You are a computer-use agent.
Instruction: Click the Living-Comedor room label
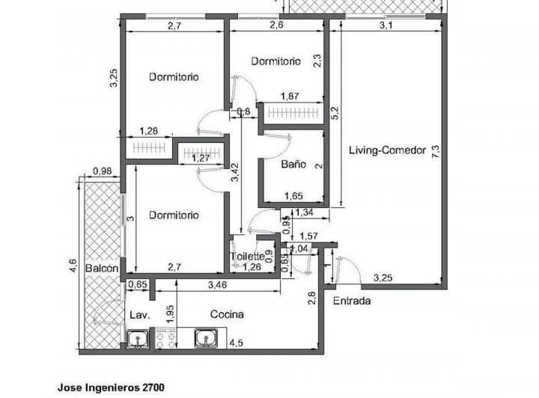pos(387,150)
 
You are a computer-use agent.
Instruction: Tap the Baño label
pos(292,164)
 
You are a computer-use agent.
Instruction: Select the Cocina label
pos(226,314)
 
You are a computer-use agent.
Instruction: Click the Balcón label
pos(101,269)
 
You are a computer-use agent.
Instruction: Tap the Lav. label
pos(138,315)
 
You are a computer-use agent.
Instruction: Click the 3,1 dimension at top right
pos(386,25)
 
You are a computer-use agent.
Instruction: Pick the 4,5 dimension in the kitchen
pos(235,343)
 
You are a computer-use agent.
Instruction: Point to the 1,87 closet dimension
pos(291,97)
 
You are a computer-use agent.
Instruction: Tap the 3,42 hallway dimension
pos(235,174)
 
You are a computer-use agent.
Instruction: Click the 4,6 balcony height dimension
pos(73,266)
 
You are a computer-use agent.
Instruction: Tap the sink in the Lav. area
pos(138,340)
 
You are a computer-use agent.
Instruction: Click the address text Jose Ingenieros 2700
pos(111,388)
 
